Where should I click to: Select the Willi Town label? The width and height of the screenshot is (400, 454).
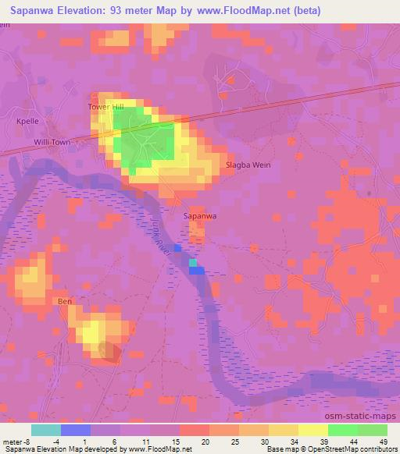(52, 143)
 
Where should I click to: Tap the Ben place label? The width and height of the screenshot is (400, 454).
(64, 300)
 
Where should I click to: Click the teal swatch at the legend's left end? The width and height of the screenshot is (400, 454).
(46, 430)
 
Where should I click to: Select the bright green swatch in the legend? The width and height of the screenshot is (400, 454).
(343, 430)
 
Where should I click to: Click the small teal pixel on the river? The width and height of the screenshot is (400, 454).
(193, 263)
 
